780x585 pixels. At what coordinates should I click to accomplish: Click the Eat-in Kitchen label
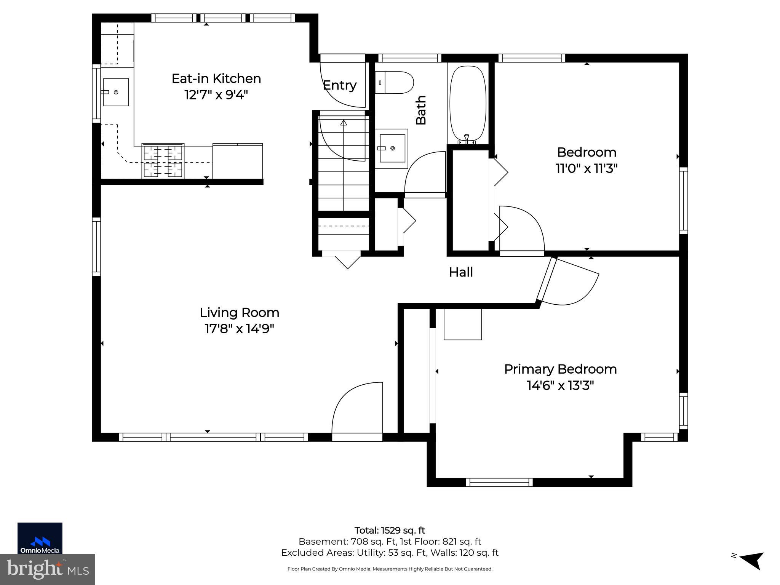point(216,78)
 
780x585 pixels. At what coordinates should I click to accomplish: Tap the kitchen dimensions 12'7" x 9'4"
point(216,94)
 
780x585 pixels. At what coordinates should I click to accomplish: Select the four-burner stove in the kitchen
point(163,161)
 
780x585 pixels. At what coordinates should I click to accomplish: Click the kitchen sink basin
point(116,92)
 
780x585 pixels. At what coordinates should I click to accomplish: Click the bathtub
point(468,104)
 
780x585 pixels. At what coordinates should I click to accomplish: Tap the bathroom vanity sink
point(392,148)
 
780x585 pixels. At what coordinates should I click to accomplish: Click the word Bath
point(421,110)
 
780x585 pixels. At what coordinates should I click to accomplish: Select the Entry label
point(339,85)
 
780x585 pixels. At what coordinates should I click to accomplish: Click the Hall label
point(461,272)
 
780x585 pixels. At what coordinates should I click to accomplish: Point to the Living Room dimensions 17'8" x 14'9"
point(239,328)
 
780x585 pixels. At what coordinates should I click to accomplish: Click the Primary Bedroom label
point(560,369)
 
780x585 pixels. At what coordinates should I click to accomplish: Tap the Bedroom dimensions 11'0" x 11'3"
point(586,168)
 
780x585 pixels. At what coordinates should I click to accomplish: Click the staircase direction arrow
point(344,123)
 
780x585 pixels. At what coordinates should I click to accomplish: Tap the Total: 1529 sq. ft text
point(389,530)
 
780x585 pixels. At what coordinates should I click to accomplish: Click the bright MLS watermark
point(47,569)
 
